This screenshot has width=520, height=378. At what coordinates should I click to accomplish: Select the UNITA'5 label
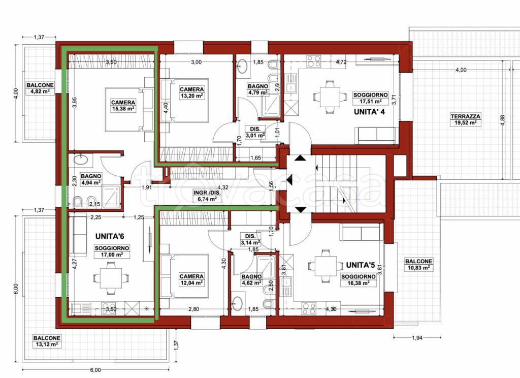[360, 265]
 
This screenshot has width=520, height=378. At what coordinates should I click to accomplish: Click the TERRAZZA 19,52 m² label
[466, 119]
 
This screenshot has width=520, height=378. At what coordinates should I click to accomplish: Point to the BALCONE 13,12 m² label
[47, 341]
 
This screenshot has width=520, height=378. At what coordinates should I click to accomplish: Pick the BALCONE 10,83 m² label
[418, 264]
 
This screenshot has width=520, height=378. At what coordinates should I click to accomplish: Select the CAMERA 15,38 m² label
[123, 105]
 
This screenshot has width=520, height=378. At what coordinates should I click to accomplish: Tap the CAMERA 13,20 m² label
[191, 92]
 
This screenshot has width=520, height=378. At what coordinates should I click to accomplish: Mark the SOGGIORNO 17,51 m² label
[371, 98]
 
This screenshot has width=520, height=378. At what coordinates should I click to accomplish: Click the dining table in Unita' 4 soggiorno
[325, 96]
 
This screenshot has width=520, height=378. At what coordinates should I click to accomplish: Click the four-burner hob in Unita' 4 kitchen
[313, 61]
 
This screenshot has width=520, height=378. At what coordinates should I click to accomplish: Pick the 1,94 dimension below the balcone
[417, 337]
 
